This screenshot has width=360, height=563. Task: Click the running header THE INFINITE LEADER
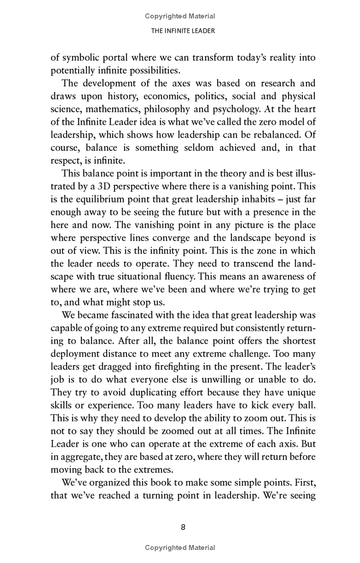[180, 31]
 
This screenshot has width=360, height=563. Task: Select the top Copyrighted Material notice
[180, 16]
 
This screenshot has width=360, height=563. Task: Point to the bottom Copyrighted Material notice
[180, 548]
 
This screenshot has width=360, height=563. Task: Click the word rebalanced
[271, 135]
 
